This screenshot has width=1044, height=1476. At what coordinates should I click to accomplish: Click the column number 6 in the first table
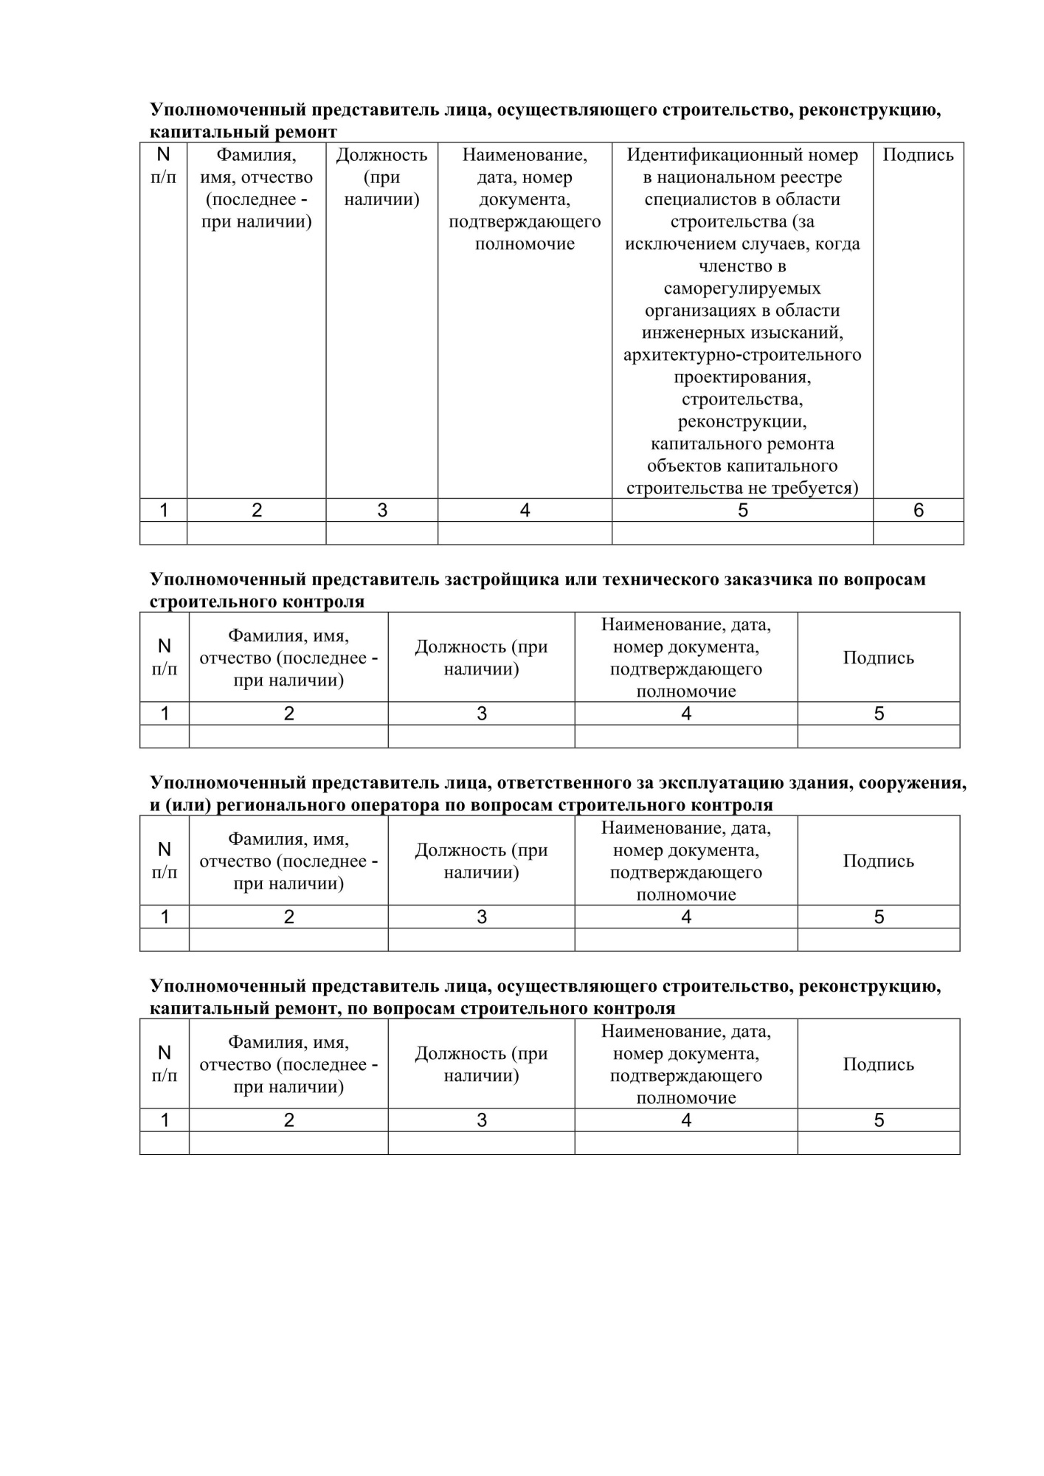pos(919,510)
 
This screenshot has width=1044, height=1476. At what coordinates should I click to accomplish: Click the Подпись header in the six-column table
pos(918,155)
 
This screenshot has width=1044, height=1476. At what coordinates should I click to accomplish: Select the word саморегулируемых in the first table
pos(742,289)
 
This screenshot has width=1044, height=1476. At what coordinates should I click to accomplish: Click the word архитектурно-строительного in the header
pos(742,355)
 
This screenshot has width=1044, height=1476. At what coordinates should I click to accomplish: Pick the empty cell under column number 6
pos(919,533)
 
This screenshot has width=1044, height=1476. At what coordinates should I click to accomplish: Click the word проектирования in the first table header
pos(742,377)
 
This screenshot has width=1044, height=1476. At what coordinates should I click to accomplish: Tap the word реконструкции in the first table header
pos(742,421)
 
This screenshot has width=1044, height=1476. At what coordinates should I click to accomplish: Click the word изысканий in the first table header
pos(798,333)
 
